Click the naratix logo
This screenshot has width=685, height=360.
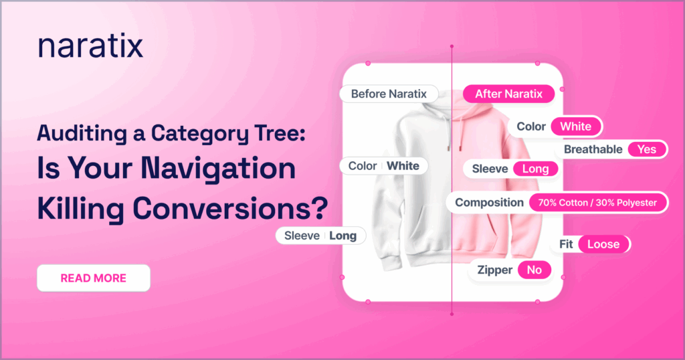click(x=90, y=46)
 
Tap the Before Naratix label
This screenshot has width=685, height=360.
click(x=389, y=94)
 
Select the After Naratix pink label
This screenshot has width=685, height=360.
click(x=509, y=94)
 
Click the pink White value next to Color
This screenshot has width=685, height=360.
click(x=576, y=126)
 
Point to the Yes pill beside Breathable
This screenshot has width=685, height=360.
click(x=647, y=149)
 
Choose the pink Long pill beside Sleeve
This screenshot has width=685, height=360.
click(x=536, y=169)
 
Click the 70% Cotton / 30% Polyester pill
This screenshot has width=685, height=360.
click(x=597, y=203)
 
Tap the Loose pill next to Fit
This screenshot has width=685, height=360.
click(x=603, y=244)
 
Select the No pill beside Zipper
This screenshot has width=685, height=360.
click(x=534, y=270)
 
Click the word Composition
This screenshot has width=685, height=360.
click(x=489, y=203)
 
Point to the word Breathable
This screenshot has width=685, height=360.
click(x=593, y=149)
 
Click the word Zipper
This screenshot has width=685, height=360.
click(x=494, y=270)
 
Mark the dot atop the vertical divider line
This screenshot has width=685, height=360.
click(x=452, y=46)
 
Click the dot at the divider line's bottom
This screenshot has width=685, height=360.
click(x=452, y=314)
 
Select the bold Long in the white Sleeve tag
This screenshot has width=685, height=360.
click(x=343, y=236)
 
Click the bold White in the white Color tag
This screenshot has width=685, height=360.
click(x=403, y=166)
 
